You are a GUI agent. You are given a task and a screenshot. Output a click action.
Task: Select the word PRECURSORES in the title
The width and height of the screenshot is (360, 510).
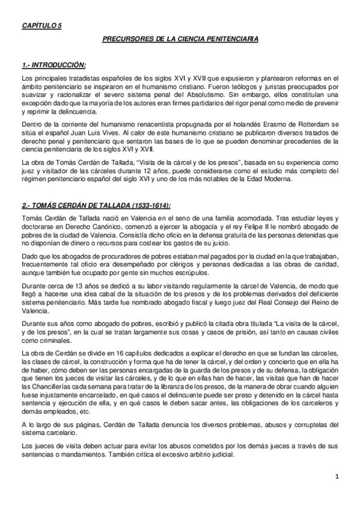pos(124,40)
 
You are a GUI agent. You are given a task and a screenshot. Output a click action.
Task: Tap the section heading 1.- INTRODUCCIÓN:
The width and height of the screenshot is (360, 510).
pos(53,64)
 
